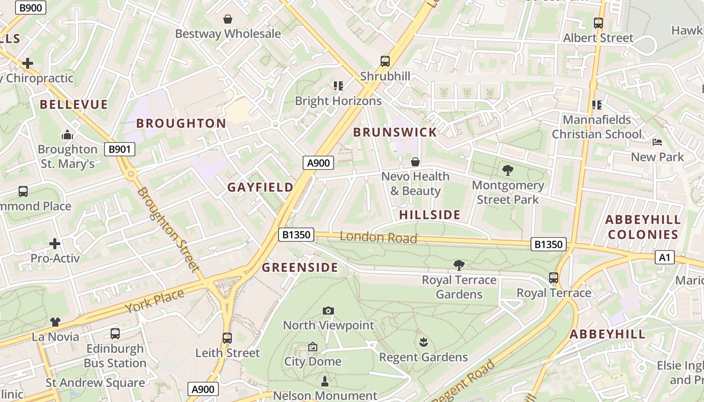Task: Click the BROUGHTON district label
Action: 181,123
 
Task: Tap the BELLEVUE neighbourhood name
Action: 74,105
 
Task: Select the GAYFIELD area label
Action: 260,187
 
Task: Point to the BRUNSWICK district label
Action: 395,132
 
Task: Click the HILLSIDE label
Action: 430,215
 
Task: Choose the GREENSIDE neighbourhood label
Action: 300,267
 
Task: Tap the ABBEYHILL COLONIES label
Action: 643,227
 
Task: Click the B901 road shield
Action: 120,149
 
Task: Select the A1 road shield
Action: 664,258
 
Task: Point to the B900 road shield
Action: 31,8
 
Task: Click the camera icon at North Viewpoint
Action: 328,311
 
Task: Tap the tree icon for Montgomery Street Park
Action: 508,170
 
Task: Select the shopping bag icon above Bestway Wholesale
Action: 228,19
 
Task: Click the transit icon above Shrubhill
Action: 385,61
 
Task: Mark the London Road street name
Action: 379,237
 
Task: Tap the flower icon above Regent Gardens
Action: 423,342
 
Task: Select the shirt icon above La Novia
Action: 55,322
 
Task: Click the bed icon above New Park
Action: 657,142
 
